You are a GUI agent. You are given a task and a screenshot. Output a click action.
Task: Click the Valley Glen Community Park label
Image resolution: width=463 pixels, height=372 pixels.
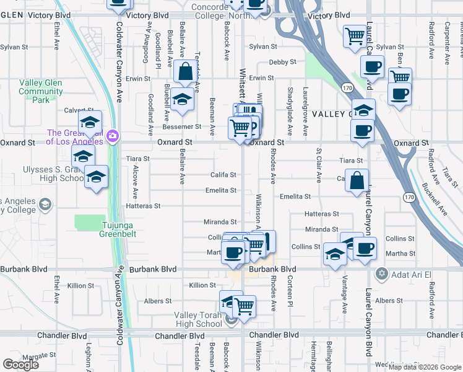[x=41, y=91]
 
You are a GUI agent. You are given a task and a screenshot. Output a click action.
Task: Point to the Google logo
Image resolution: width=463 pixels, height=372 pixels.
[x=20, y=365]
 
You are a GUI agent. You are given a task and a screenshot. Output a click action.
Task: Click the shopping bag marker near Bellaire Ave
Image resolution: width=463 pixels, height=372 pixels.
[x=185, y=72]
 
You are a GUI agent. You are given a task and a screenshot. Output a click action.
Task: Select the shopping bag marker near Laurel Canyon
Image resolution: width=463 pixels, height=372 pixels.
[x=357, y=181]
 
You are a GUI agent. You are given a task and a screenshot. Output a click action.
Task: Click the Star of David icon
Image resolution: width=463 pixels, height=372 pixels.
[x=382, y=273]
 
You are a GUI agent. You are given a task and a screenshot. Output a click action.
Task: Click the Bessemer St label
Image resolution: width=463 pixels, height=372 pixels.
[x=187, y=126]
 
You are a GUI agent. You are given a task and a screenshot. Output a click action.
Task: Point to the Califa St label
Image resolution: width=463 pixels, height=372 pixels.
[x=223, y=175]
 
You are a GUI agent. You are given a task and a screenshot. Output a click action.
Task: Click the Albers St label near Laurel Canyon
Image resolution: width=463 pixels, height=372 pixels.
[x=389, y=301]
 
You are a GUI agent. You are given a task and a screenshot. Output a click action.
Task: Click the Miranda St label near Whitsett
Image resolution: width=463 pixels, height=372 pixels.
[x=220, y=222]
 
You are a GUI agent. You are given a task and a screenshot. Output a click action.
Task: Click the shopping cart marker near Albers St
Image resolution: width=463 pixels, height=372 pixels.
[x=244, y=306]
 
